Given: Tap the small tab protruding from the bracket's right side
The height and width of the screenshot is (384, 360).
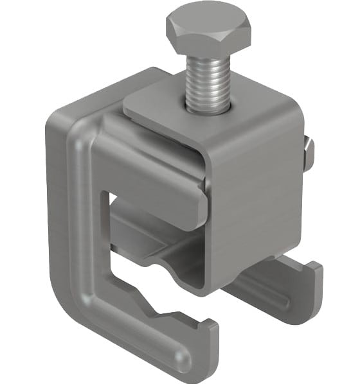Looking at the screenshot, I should coord(309,154).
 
